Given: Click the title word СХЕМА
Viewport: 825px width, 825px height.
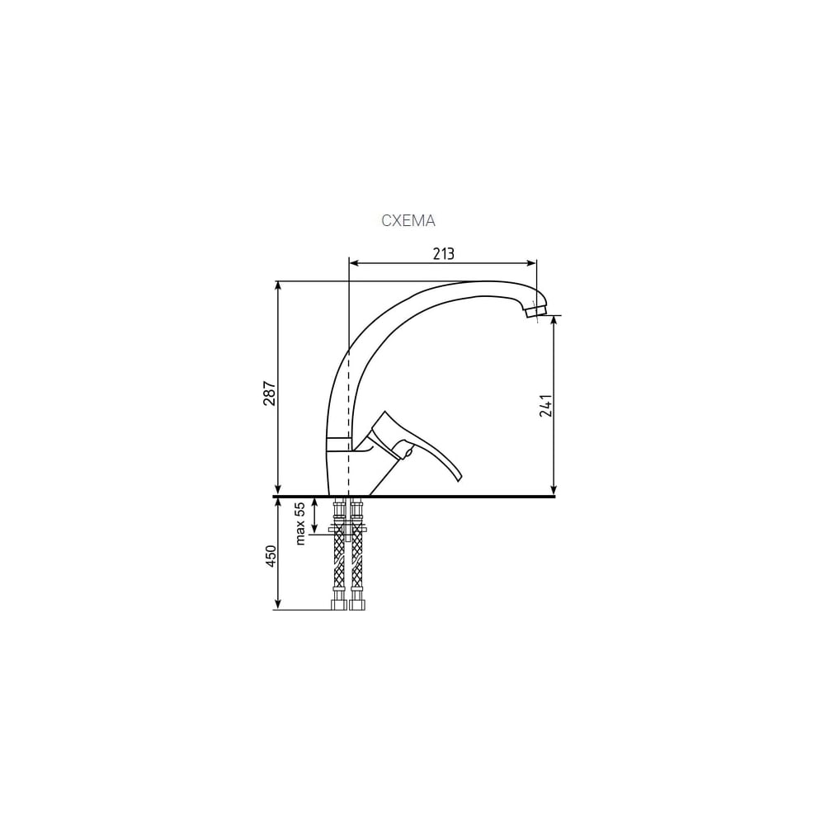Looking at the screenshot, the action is (408, 221).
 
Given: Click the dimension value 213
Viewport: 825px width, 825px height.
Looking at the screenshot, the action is (444, 253).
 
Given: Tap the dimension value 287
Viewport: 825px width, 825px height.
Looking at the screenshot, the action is (270, 393).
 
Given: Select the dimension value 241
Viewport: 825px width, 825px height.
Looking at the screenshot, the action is (546, 405).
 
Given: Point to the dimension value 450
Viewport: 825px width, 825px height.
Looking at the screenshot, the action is (271, 556).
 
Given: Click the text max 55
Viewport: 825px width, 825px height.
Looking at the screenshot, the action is (299, 524).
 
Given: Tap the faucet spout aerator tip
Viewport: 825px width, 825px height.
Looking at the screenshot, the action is (535, 312).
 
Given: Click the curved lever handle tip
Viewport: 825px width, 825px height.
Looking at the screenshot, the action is (457, 478).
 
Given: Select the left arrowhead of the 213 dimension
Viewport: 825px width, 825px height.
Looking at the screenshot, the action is (355, 262).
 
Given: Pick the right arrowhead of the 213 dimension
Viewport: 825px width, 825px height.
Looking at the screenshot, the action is (531, 262).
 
